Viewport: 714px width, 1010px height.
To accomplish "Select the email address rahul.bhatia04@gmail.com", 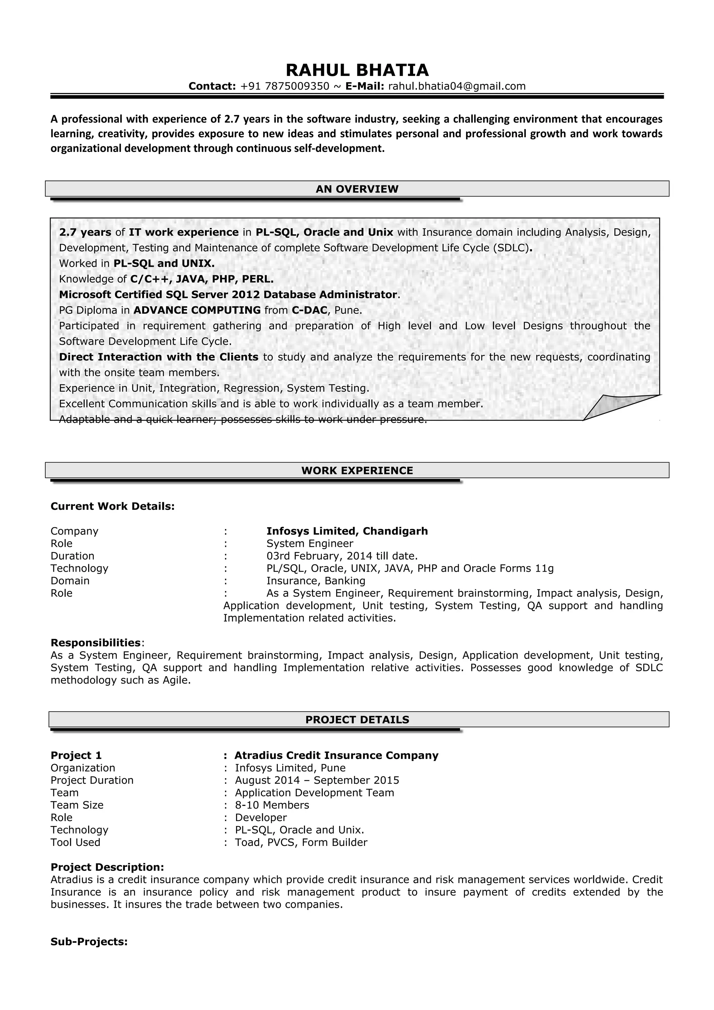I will [457, 86].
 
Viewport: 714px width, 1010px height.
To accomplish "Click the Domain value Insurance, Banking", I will [316, 581].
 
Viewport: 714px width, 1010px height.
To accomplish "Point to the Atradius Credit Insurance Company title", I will [336, 755].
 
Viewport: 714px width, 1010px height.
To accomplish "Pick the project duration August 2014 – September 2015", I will [317, 780].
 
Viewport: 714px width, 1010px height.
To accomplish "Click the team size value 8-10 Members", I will [272, 805].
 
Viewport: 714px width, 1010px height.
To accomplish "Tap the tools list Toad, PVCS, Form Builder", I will [301, 842].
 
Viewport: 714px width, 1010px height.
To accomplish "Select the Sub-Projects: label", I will [89, 942].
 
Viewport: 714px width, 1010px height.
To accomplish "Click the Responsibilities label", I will [96, 643].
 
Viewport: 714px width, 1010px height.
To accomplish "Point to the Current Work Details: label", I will [113, 506].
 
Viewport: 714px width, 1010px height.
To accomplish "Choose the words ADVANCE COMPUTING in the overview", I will [197, 310].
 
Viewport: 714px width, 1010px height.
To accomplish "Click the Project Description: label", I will [107, 867].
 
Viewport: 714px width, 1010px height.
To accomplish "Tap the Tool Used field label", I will [75, 842].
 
